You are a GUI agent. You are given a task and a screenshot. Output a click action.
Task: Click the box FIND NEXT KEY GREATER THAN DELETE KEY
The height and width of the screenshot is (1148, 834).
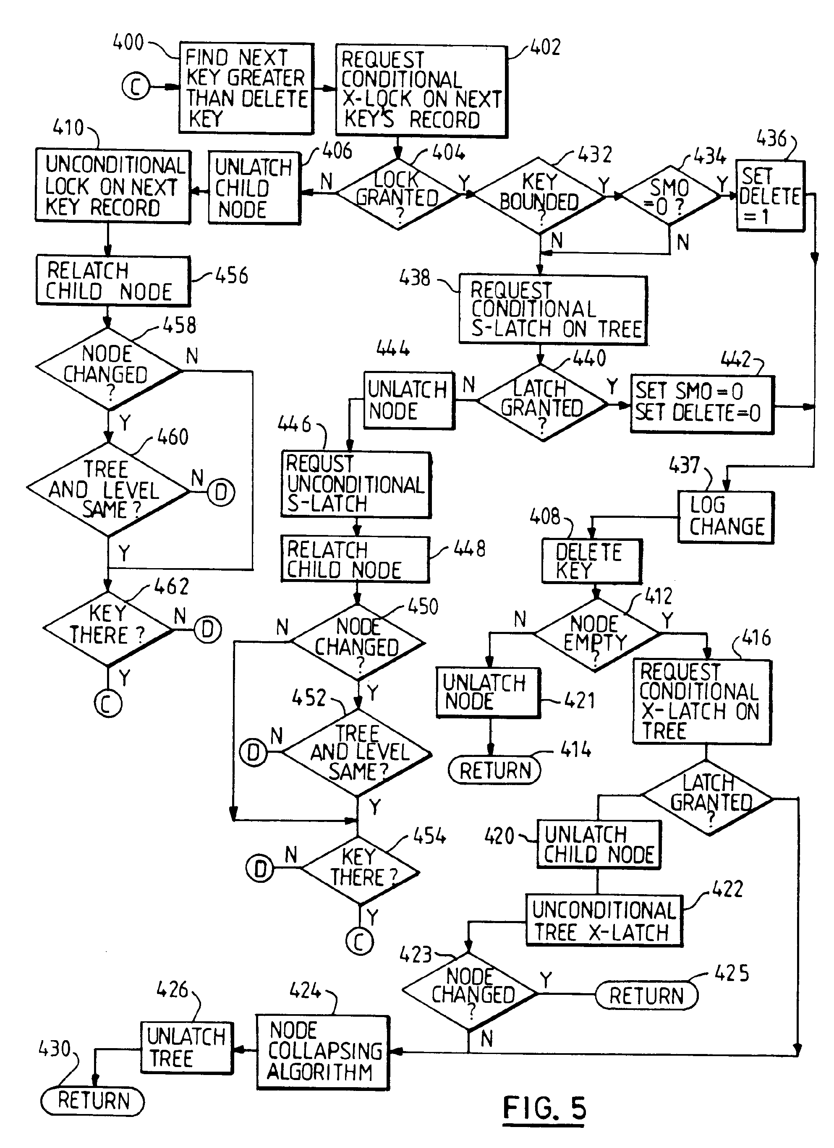tap(246, 88)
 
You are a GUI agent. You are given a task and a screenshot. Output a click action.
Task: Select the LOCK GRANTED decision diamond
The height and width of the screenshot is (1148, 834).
tap(398, 193)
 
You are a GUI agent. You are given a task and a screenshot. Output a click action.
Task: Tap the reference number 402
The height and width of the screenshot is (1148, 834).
tap(545, 47)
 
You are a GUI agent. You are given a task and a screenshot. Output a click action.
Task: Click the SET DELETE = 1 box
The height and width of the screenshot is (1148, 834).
tap(770, 196)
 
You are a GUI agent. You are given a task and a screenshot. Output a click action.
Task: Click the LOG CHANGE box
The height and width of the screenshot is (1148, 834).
tap(726, 517)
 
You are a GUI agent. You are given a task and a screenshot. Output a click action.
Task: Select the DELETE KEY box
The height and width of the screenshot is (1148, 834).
tap(591, 561)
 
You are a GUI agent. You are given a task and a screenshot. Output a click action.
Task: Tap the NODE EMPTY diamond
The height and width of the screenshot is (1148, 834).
tap(596, 635)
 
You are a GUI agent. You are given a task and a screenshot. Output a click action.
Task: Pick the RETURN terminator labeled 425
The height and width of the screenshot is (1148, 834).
tap(646, 995)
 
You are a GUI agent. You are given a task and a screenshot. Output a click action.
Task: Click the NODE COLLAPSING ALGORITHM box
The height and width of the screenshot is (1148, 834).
tap(322, 1052)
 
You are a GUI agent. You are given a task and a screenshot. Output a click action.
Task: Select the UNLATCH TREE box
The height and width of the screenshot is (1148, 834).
tap(186, 1047)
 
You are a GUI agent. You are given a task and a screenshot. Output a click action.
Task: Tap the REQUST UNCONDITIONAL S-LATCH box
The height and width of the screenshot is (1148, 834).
tap(356, 484)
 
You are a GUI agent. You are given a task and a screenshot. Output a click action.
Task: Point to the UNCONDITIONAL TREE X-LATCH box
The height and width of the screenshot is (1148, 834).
tap(604, 920)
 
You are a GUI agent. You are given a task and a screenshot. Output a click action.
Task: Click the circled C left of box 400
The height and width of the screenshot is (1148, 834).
tap(136, 86)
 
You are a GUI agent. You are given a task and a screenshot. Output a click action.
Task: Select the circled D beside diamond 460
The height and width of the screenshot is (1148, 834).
tap(221, 491)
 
